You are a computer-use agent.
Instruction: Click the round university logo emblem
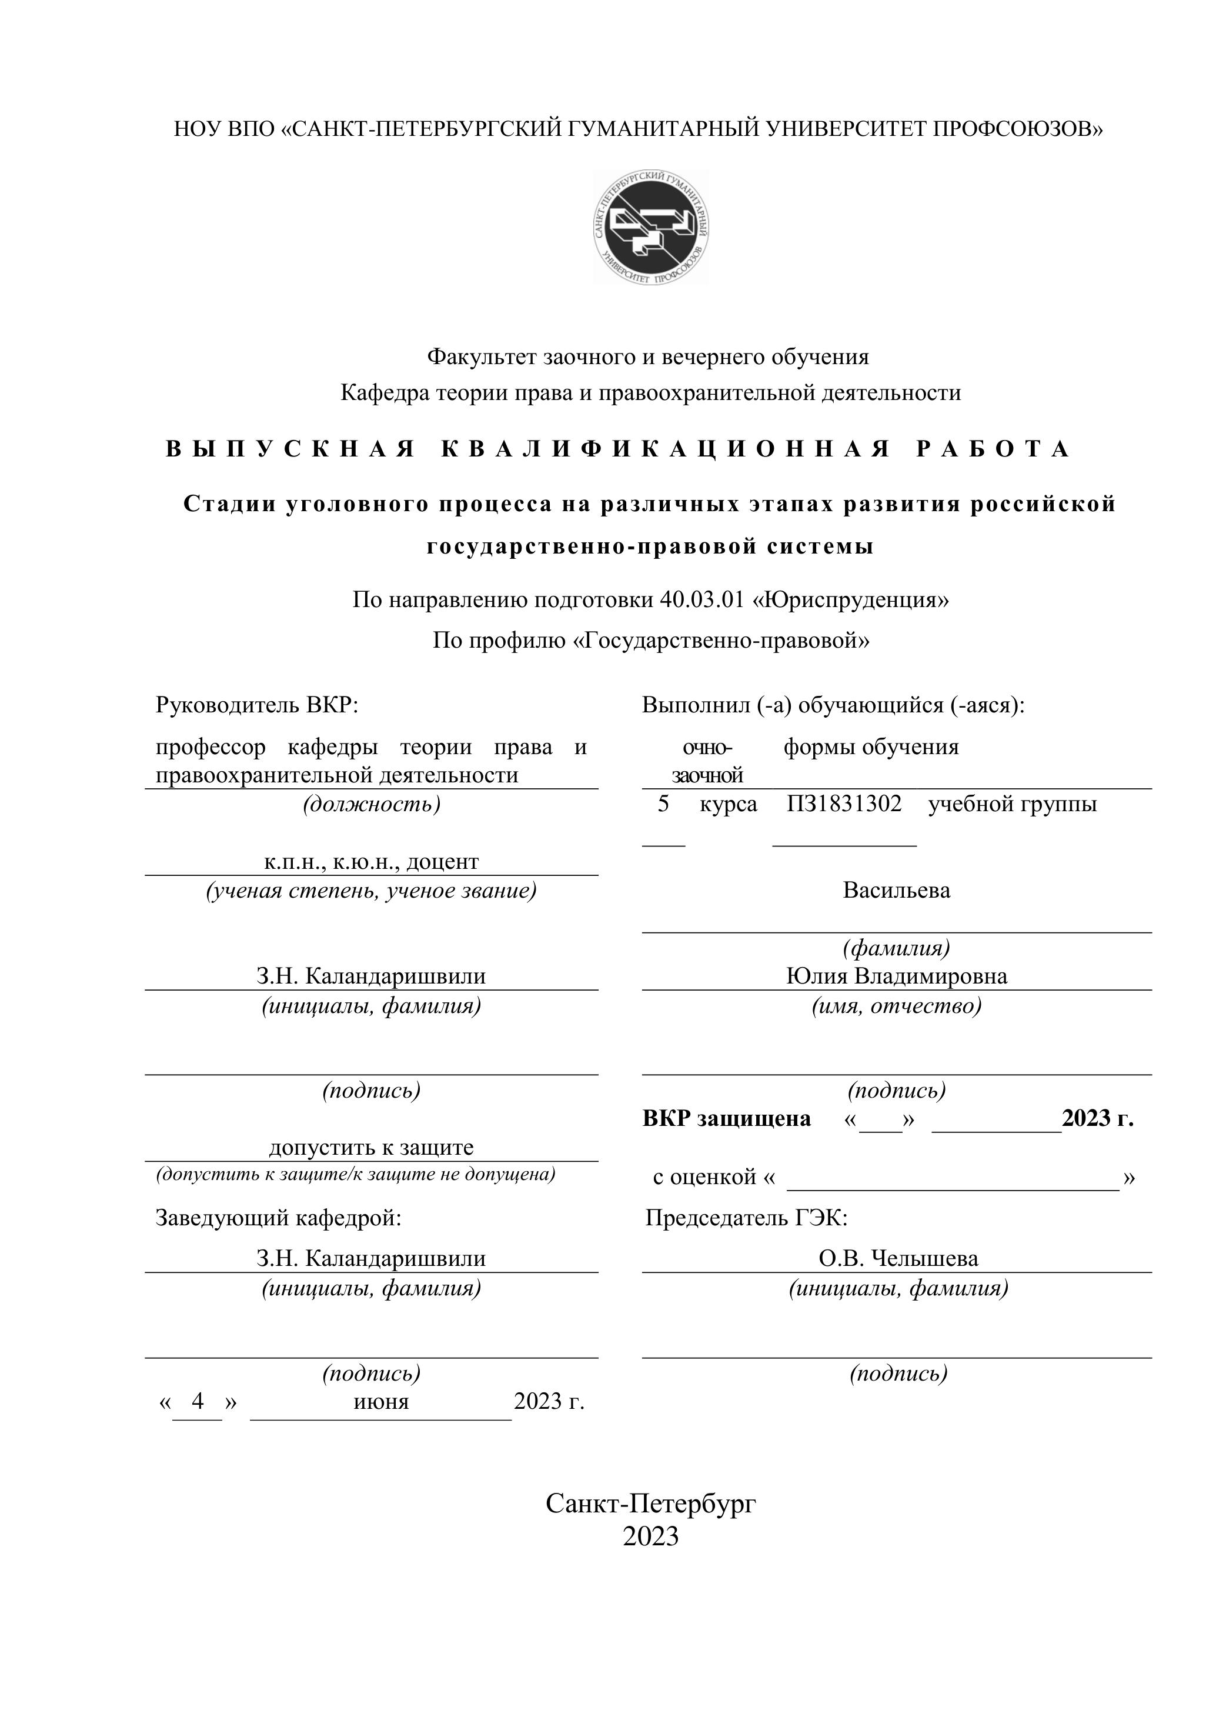[651, 227]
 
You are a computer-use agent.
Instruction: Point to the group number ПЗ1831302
[844, 805]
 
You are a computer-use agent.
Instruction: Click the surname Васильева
[896, 891]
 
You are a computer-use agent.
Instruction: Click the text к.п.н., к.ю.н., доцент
[370, 862]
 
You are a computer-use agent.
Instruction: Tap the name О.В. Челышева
[898, 1259]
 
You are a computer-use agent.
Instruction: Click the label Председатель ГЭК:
[746, 1218]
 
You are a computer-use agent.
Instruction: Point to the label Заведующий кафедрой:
[279, 1218]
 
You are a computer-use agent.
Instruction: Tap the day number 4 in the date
[198, 1401]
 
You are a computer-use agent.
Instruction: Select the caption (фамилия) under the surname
[896, 948]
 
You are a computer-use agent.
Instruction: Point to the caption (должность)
[372, 805]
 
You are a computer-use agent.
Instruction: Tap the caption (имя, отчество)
[896, 1005]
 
